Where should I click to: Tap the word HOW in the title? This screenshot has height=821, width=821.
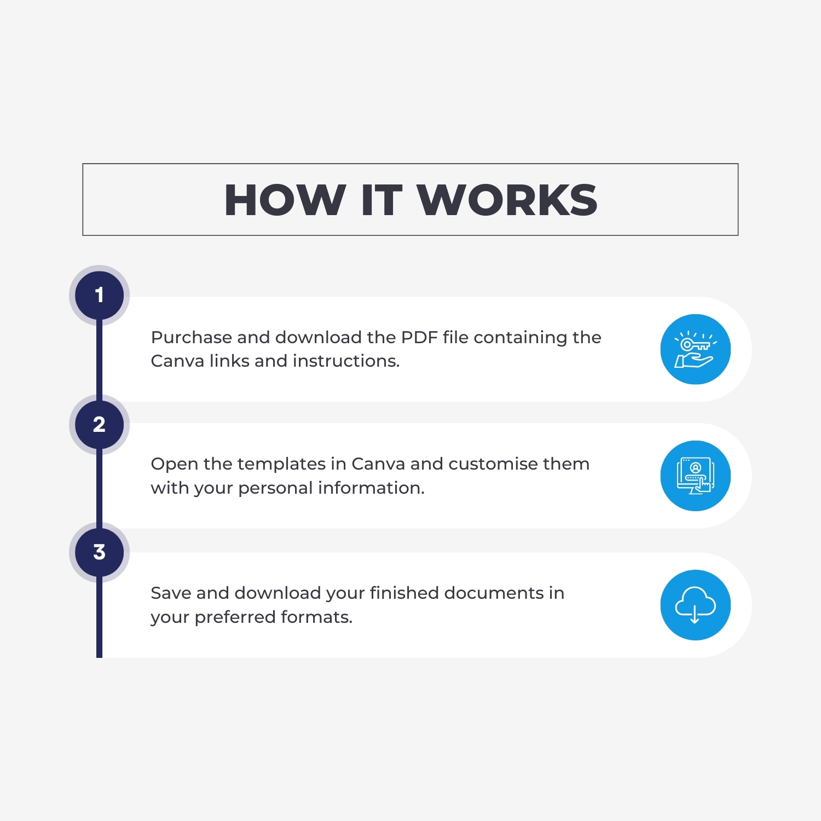pyautogui.click(x=285, y=200)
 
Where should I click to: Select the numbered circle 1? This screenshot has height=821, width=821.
pyautogui.click(x=99, y=295)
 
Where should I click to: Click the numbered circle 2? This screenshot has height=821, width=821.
pyautogui.click(x=99, y=425)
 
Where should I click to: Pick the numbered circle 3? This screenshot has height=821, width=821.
pyautogui.click(x=99, y=552)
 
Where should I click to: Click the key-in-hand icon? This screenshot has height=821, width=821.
pyautogui.click(x=695, y=349)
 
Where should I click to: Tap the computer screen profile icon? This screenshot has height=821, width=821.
pyautogui.click(x=695, y=476)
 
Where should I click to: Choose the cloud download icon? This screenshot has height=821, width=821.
pyautogui.click(x=695, y=605)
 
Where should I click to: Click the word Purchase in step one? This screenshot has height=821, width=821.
pyautogui.click(x=191, y=338)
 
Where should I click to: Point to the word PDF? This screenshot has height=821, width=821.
pyautogui.click(x=419, y=337)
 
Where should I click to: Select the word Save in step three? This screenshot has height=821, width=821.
pyautogui.click(x=171, y=593)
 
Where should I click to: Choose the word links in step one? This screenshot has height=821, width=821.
pyautogui.click(x=230, y=361)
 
